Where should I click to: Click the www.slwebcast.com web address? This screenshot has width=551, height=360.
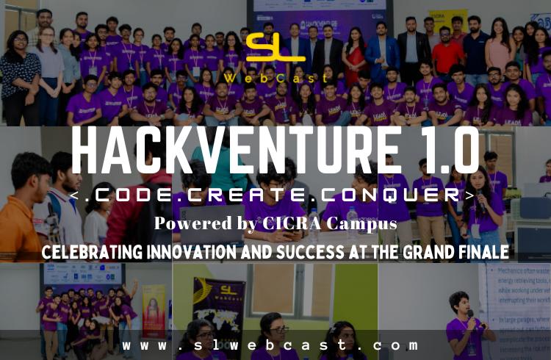pyautogui.click(x=271, y=345)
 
